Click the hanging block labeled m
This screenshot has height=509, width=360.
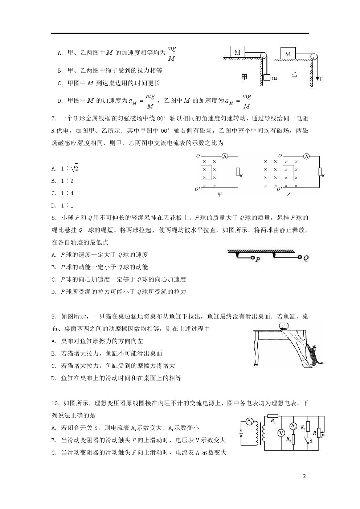pos(267,78)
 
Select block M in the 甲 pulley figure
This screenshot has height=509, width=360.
pos(237,52)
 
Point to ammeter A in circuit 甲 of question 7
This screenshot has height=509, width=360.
pos(225,156)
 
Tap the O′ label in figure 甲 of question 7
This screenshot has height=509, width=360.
pos(197,189)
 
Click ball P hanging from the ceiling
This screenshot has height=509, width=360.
pos(253,258)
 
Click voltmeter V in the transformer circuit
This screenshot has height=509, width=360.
pos(280,432)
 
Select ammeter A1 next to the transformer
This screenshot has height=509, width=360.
pos(249,421)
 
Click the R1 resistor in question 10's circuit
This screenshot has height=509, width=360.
pos(272,416)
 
